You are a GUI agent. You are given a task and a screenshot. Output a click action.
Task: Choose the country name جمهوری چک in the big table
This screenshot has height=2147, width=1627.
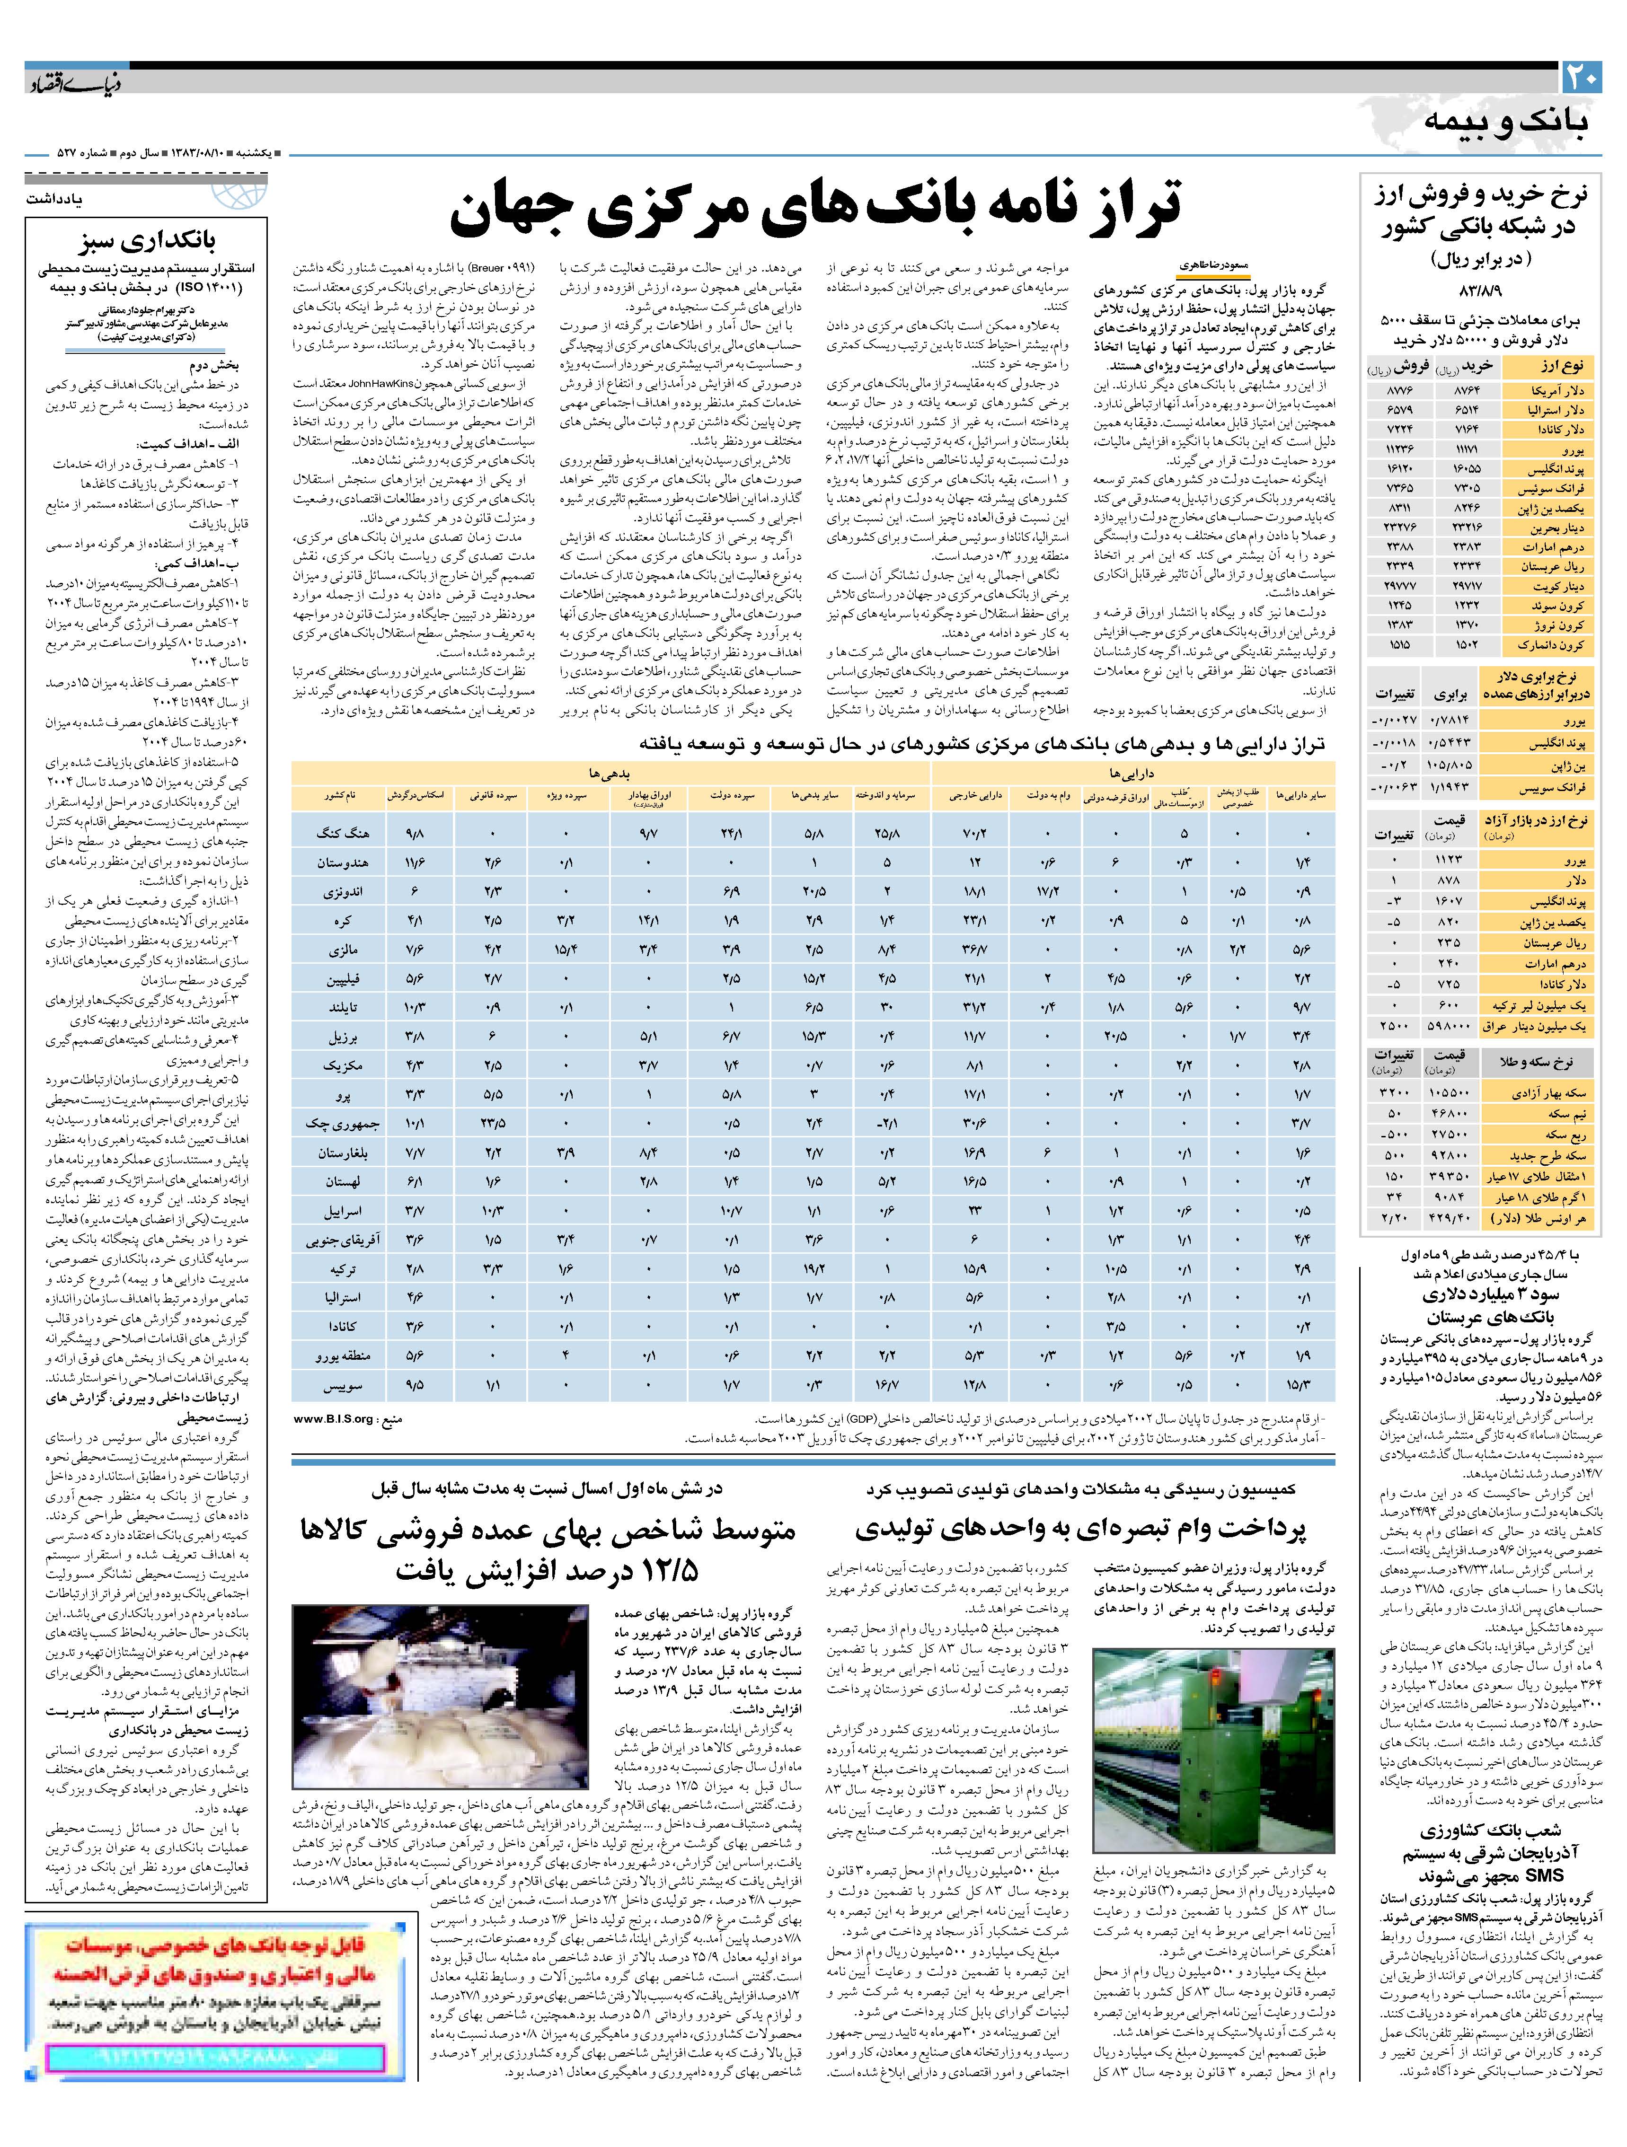click(x=330, y=1124)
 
